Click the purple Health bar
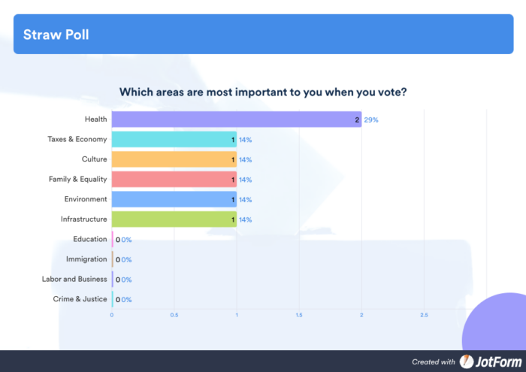pyautogui.click(x=236, y=119)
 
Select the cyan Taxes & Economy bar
pyautogui.click(x=174, y=139)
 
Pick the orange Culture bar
pyautogui.click(x=174, y=159)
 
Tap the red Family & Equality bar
pyautogui.click(x=174, y=180)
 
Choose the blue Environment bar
pyautogui.click(x=174, y=199)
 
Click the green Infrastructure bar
pyautogui.click(x=174, y=219)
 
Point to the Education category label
pyautogui.click(x=90, y=239)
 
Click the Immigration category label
pyautogui.click(x=86, y=259)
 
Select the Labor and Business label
pyautogui.click(x=74, y=279)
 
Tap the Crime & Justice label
pyautogui.click(x=80, y=299)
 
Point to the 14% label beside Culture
pyautogui.click(x=245, y=159)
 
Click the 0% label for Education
pyautogui.click(x=126, y=240)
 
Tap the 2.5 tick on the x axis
pyautogui.click(x=424, y=315)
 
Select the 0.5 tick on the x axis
pyautogui.click(x=174, y=315)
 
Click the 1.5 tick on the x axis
pyautogui.click(x=299, y=315)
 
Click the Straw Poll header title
pyautogui.click(x=56, y=35)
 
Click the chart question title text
pyautogui.click(x=263, y=92)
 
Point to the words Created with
pyautogui.click(x=434, y=362)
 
